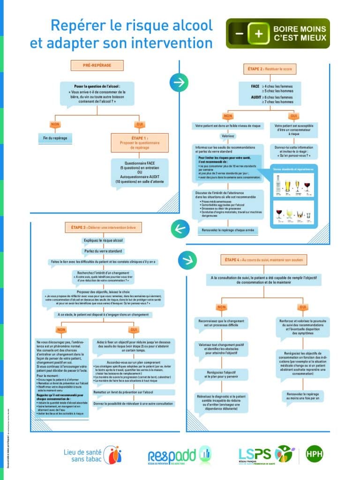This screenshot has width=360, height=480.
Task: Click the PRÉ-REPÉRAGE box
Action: coord(97,65)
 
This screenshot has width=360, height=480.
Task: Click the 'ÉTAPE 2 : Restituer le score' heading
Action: coord(270,69)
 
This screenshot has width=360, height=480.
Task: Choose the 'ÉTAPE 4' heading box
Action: coord(263,259)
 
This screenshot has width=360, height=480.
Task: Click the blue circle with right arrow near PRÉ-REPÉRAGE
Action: coord(179,82)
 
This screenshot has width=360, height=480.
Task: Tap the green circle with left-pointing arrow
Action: coord(180,228)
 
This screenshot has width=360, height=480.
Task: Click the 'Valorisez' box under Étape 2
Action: coord(228,136)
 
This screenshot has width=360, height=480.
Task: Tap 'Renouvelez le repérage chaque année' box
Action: coord(228,230)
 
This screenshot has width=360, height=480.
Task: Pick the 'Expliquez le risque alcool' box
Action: coord(104,240)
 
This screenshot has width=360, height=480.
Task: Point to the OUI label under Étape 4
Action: coord(302,307)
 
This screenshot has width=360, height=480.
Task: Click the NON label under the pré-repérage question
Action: coord(55,124)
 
